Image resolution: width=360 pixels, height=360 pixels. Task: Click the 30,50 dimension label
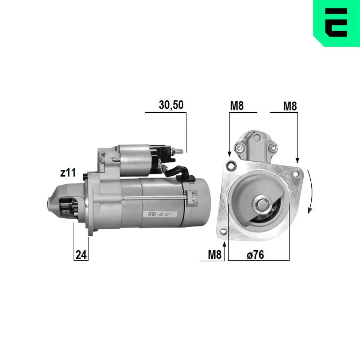[x=171, y=105]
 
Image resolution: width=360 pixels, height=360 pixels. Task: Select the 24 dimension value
[x=81, y=255]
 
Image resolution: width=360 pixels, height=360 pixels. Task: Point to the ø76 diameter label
[x=255, y=255]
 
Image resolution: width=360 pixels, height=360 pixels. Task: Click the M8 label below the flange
[x=215, y=255]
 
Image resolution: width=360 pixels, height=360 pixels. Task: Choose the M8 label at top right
[x=290, y=106]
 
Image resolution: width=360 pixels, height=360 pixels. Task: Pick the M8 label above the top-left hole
[x=237, y=106]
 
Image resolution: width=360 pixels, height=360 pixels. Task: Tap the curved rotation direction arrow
[x=310, y=193]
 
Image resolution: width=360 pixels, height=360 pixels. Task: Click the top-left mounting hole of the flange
[x=230, y=166]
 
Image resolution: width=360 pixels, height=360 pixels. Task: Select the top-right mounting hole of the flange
[x=296, y=174]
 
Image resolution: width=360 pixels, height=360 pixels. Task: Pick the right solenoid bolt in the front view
[x=273, y=146]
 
